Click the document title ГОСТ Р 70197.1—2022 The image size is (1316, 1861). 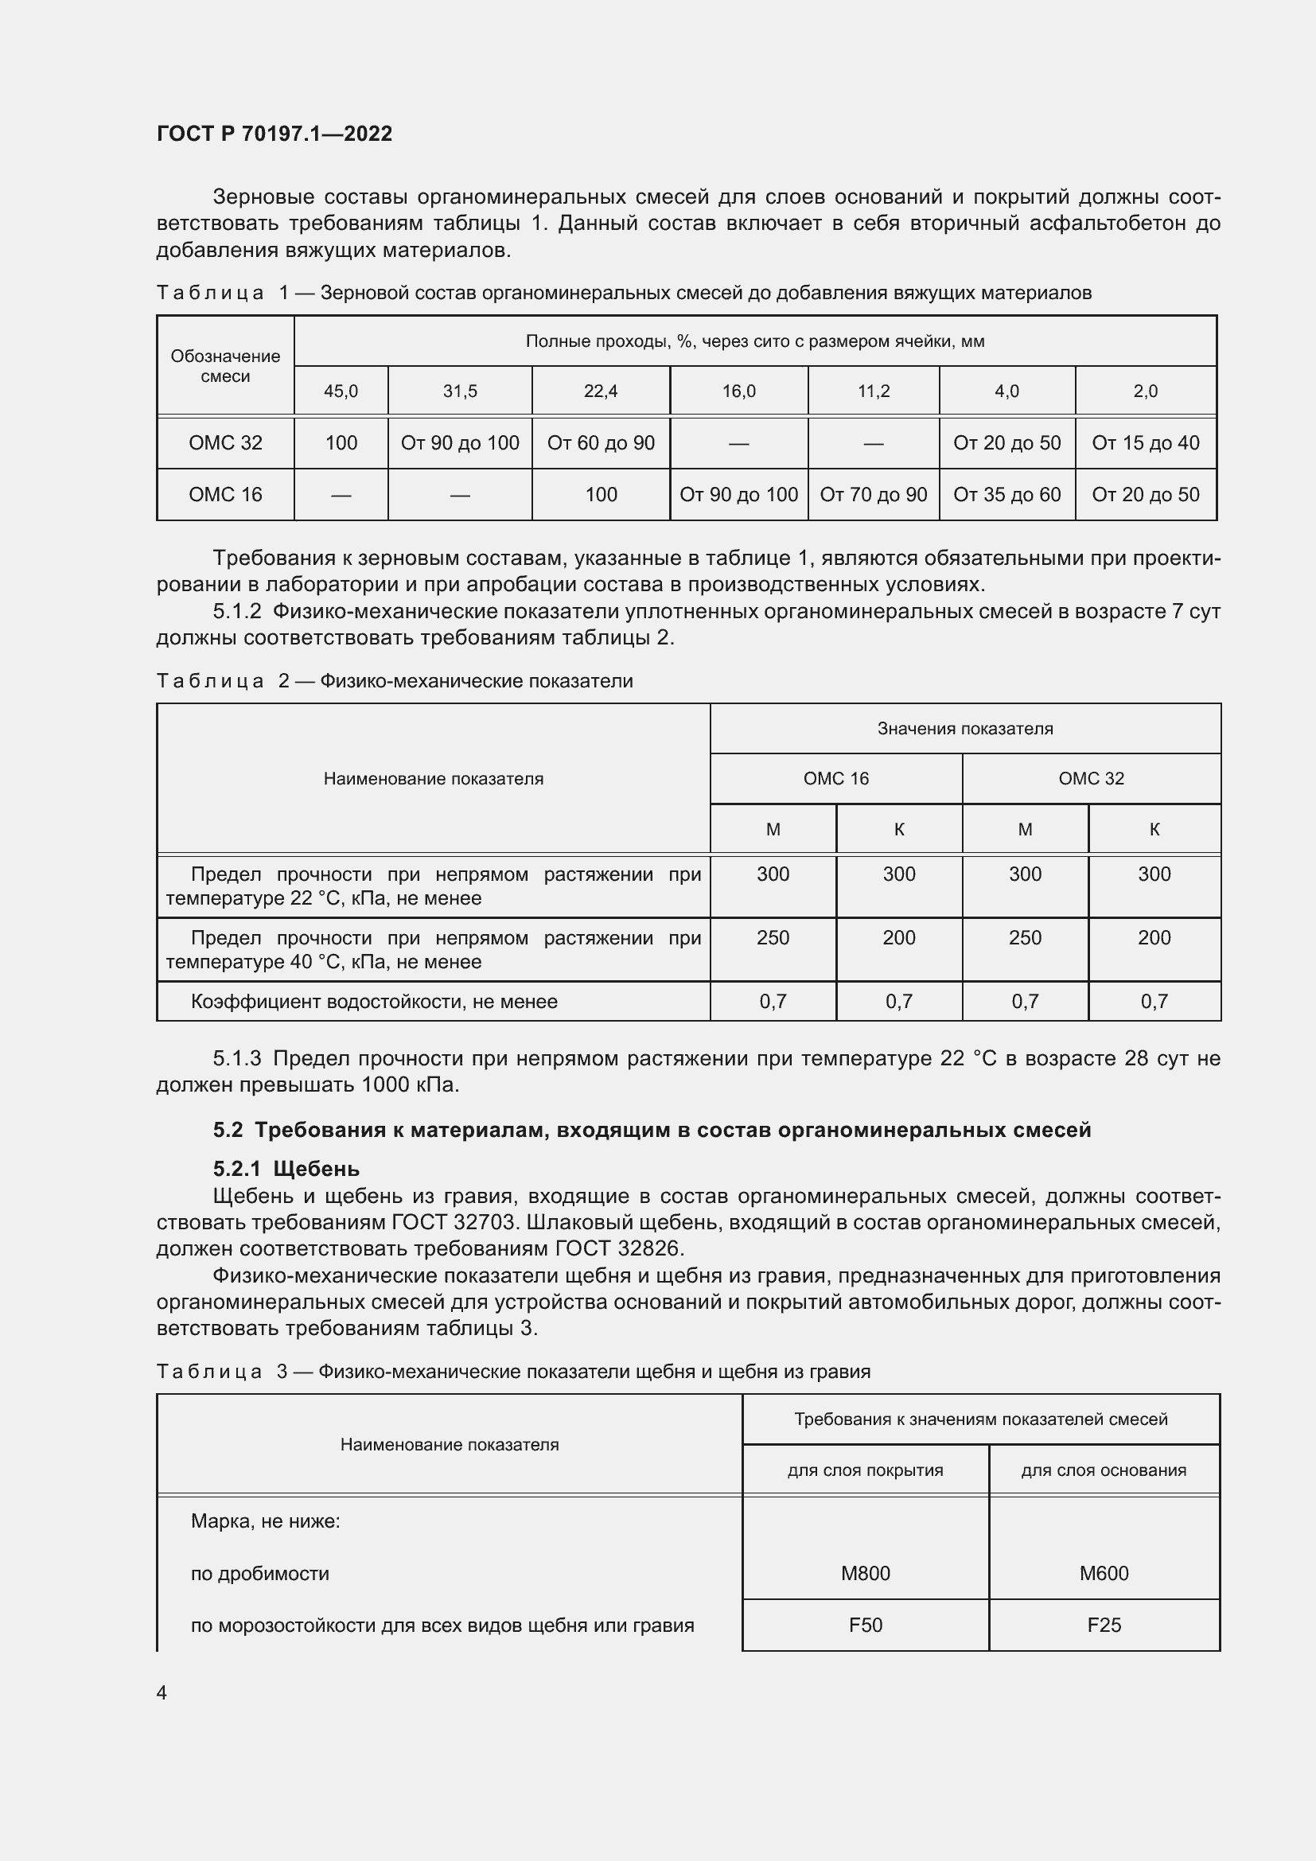point(274,134)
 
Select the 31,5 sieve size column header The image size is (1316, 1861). point(459,391)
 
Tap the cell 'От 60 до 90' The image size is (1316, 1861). point(601,443)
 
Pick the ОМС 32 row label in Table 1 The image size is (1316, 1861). point(225,443)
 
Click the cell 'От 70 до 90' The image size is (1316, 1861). point(873,494)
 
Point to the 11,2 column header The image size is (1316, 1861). point(873,391)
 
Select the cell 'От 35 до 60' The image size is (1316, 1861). point(1006,494)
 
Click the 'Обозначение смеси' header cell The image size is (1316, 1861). point(225,366)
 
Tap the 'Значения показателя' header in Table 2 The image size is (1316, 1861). point(964,729)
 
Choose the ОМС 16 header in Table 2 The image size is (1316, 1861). point(835,779)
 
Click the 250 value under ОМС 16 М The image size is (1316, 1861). point(773,938)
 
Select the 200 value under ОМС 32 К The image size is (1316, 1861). point(1154,938)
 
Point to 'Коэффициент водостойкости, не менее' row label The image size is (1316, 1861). point(374,1002)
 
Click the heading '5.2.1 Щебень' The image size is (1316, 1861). point(286,1169)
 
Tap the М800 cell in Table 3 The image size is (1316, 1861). point(865,1573)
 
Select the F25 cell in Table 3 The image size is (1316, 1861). point(1104,1625)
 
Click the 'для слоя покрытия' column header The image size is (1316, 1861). point(865,1470)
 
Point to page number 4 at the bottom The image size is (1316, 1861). point(162,1692)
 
